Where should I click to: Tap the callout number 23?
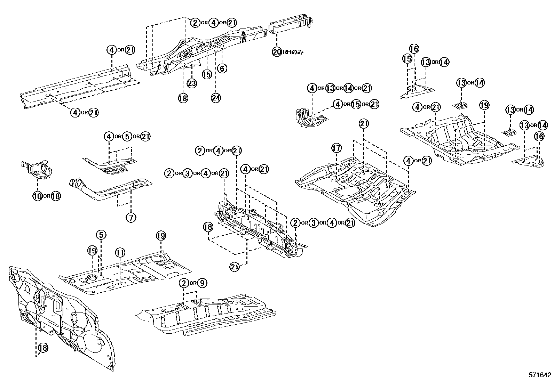192,83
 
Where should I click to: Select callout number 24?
216,98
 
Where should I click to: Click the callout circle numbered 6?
222,68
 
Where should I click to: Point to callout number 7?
131,218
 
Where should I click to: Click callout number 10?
37,196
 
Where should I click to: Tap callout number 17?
337,148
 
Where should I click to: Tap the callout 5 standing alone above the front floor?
101,235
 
